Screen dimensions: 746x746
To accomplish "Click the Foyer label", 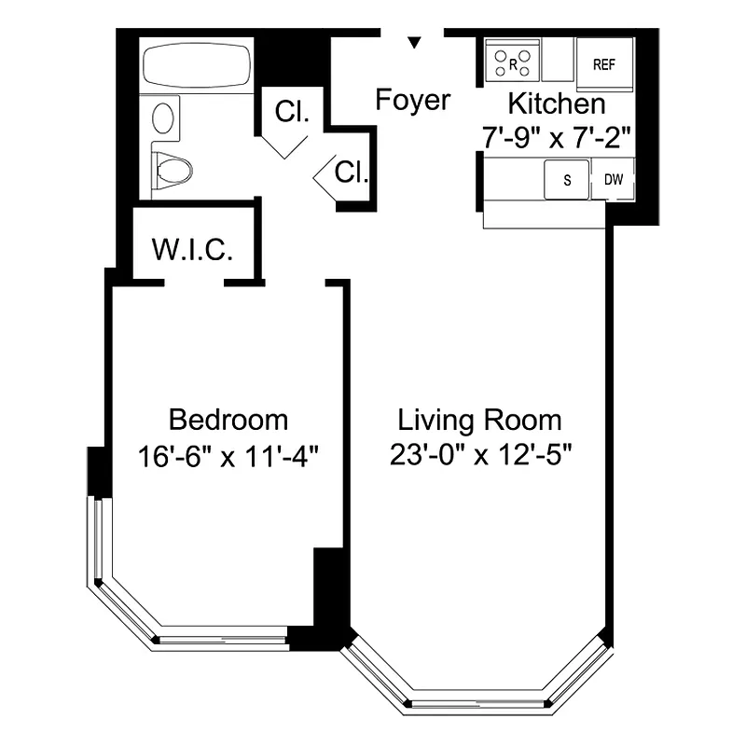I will click(x=413, y=100).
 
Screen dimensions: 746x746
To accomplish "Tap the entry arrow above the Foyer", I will click(x=415, y=42).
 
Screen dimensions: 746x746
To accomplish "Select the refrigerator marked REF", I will click(x=605, y=64).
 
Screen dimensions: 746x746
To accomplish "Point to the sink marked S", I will click(x=567, y=180).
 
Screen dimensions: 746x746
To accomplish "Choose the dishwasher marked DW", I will click(x=614, y=180).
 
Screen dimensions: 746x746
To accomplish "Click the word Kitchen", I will click(x=556, y=104).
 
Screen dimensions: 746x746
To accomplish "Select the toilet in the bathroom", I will click(x=172, y=170).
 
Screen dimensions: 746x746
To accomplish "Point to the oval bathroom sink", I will click(x=164, y=119).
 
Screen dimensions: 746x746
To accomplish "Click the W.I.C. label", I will click(x=192, y=250).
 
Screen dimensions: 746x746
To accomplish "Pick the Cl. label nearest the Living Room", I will click(x=351, y=172).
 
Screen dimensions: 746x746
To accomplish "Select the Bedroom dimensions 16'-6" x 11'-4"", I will click(x=228, y=456).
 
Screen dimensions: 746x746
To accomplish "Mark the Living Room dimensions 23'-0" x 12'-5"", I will click(x=479, y=456).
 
